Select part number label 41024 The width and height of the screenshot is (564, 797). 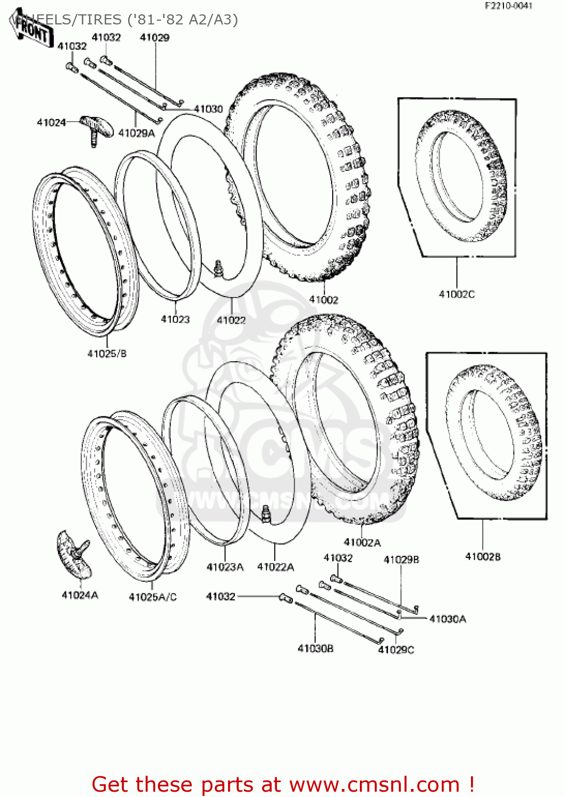51,123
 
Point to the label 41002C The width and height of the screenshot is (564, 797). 457,294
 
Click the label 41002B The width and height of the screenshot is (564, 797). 483,557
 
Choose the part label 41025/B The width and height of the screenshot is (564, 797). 107,354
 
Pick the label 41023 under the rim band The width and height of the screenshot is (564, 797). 175,319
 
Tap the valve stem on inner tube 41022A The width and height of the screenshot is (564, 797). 265,514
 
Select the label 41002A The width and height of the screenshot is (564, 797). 362,542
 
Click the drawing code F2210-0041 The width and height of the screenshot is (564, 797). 508,6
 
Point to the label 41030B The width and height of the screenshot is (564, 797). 315,649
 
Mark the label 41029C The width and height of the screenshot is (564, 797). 395,650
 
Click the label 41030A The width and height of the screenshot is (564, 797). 448,619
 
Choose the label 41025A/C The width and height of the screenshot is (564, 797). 153,597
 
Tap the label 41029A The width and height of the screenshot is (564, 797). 136,133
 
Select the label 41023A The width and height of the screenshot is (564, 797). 225,567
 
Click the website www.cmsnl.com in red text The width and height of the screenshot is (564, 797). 374,784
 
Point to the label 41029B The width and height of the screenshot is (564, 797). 401,559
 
